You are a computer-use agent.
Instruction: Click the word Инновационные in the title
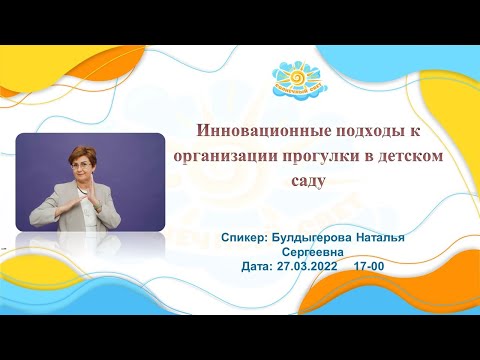[247, 132]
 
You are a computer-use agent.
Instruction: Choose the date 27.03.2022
[306, 267]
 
